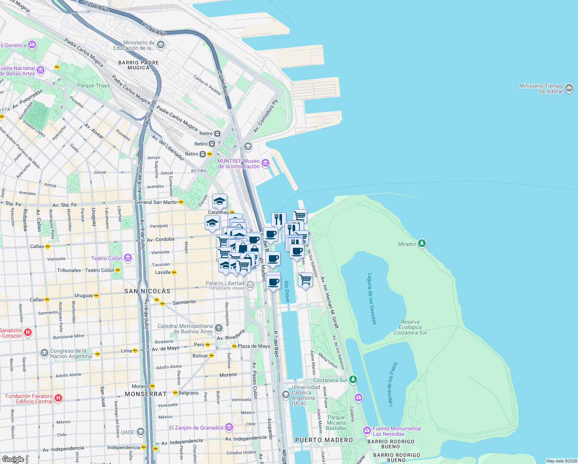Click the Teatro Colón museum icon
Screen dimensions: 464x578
click(x=128, y=258)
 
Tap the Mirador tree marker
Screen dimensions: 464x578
click(x=422, y=244)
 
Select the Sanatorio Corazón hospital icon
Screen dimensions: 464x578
click(x=28, y=333)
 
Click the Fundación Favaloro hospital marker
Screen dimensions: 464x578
click(x=58, y=398)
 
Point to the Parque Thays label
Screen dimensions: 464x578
click(x=93, y=85)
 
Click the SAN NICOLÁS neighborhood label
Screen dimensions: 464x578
click(x=147, y=291)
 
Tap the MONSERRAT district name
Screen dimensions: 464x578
click(x=146, y=394)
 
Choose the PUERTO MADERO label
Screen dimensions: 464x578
click(x=324, y=440)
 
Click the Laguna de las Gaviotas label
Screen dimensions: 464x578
click(x=371, y=299)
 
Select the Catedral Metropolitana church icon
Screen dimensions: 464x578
click(x=219, y=329)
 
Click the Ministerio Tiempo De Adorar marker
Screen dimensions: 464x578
click(x=569, y=89)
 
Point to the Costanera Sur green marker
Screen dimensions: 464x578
click(x=353, y=380)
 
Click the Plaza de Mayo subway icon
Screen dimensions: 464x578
click(x=234, y=346)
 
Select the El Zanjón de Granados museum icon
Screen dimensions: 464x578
click(x=229, y=427)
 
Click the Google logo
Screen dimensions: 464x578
click(x=13, y=459)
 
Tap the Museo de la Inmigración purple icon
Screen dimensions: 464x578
click(x=265, y=163)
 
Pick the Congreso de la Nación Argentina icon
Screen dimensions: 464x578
click(x=44, y=353)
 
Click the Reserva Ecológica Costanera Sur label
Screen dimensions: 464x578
click(x=410, y=327)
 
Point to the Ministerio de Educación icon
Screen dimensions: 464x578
click(x=161, y=45)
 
